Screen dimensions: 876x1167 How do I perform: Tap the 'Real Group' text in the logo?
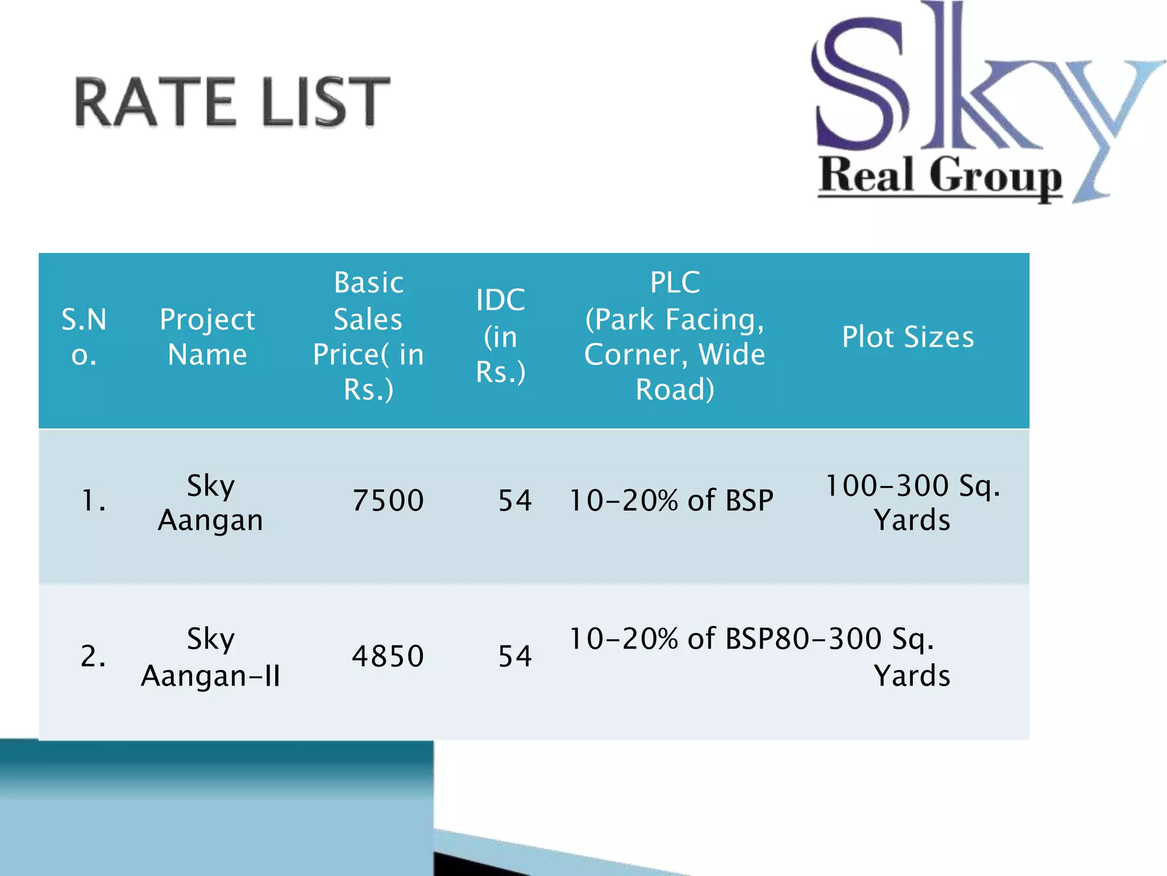click(x=940, y=176)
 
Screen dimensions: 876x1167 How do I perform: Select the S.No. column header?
click(x=84, y=336)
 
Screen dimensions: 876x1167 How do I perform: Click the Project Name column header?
click(x=207, y=336)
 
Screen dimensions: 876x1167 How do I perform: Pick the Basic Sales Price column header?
click(x=369, y=336)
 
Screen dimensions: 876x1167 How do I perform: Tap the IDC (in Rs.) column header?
click(x=500, y=336)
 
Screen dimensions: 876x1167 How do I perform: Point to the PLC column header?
click(x=675, y=336)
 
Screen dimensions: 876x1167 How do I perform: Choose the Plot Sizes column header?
click(x=908, y=336)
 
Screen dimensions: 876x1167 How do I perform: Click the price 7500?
click(x=388, y=501)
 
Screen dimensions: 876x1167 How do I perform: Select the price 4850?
click(x=388, y=656)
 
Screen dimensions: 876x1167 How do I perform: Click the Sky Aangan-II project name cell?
click(x=210, y=657)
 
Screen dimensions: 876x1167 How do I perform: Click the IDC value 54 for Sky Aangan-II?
click(x=515, y=656)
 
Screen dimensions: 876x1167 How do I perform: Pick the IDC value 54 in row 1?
click(x=515, y=501)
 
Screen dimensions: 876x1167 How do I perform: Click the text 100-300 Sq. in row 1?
click(x=912, y=486)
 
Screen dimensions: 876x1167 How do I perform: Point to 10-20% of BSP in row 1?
click(x=671, y=501)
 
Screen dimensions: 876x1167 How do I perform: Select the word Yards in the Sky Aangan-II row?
click(x=912, y=676)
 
